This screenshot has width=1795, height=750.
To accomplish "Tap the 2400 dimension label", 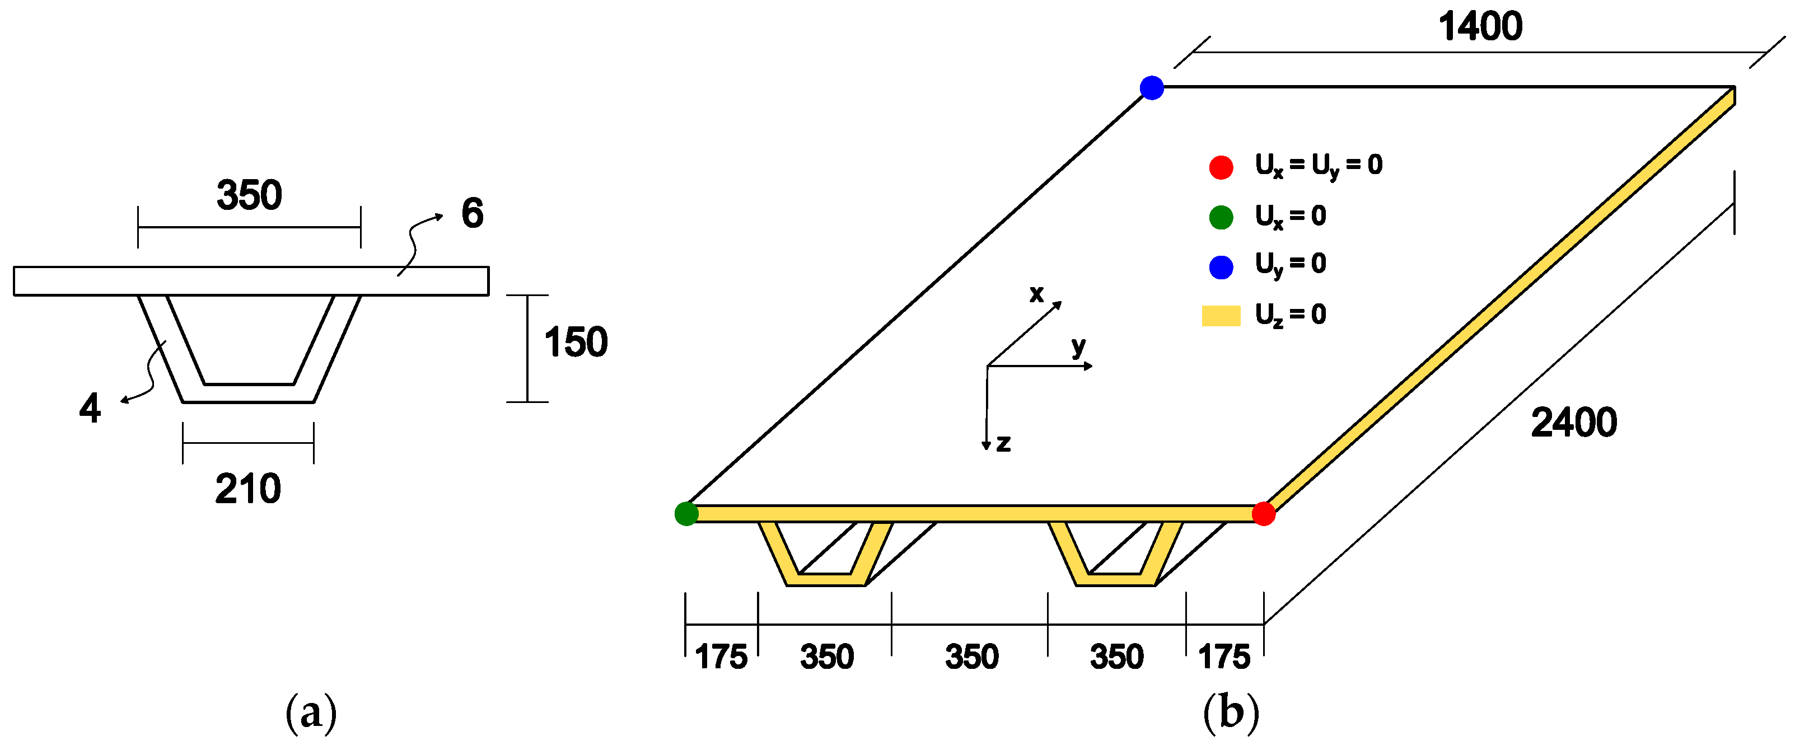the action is click(x=1573, y=423).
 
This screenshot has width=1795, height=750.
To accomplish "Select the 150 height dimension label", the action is click(x=576, y=343).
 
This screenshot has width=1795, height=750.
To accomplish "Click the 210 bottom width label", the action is click(x=248, y=489).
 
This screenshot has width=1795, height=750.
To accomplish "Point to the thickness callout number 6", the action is click(x=473, y=213).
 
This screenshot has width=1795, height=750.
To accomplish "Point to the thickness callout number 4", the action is click(x=90, y=408).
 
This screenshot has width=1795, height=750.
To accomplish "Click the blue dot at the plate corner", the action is click(x=1152, y=88).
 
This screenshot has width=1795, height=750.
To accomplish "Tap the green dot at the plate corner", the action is click(x=686, y=514).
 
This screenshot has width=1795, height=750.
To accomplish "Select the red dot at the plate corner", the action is click(x=1263, y=514).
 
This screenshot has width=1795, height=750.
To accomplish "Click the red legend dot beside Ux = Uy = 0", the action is click(x=1221, y=167).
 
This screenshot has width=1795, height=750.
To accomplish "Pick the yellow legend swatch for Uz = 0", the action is click(x=1221, y=316).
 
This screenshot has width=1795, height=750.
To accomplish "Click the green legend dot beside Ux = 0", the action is click(x=1221, y=217).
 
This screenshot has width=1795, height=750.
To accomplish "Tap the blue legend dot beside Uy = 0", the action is click(x=1221, y=267).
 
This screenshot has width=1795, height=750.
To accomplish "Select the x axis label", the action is click(x=1036, y=294).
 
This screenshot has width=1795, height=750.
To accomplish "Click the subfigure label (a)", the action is click(x=311, y=713).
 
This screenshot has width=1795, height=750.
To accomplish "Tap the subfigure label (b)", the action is click(x=1231, y=713).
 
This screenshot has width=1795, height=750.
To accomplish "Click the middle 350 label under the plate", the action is click(x=971, y=657).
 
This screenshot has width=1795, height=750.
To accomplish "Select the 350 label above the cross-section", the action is click(x=250, y=195).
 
